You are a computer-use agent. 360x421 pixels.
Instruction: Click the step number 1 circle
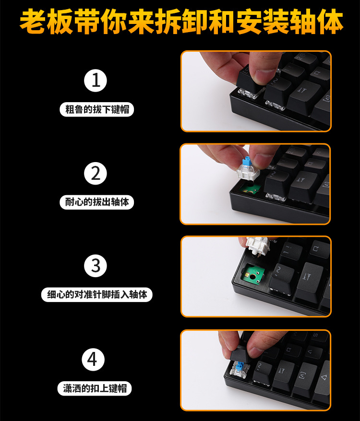point(96,81)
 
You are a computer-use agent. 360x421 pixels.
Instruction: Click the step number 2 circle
point(96,173)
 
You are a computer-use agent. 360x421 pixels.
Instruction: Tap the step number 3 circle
point(96,266)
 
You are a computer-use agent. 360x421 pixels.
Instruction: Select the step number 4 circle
point(93,360)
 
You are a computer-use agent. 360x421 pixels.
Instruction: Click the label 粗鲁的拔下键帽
point(97,109)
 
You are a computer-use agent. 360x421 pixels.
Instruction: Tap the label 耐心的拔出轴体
point(97,202)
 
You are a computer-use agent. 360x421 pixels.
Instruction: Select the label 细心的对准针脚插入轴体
point(97,294)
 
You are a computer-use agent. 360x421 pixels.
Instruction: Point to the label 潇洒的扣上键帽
point(95,388)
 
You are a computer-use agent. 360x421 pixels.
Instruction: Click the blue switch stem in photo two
point(247,163)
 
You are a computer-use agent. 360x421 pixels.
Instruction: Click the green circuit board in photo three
point(253,275)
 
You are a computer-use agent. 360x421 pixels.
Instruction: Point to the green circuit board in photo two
point(249,189)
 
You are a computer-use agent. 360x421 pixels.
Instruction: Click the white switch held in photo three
point(258,246)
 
